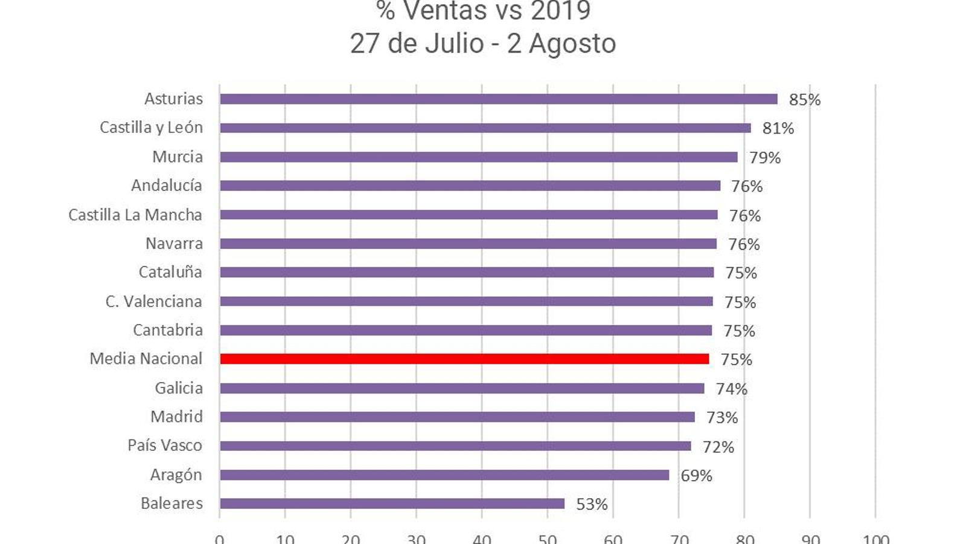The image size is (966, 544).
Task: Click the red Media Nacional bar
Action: pyautogui.click(x=464, y=359)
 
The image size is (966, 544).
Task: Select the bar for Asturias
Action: pyautogui.click(x=498, y=99)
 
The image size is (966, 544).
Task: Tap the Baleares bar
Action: pyautogui.click(x=392, y=504)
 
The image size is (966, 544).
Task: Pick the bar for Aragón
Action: pyautogui.click(x=444, y=475)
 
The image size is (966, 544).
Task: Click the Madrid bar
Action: pyautogui.click(x=457, y=417)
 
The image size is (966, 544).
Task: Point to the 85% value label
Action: pyautogui.click(x=804, y=100)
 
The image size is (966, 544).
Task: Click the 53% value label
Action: pyautogui.click(x=592, y=504)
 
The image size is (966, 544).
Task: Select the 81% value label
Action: pyautogui.click(x=778, y=128)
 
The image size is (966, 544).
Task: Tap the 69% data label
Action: pyautogui.click(x=696, y=476)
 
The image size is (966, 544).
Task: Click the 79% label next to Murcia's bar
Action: pyautogui.click(x=764, y=158)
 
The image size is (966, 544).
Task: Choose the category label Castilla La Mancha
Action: pyautogui.click(x=135, y=215)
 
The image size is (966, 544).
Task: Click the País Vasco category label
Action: pyautogui.click(x=164, y=445)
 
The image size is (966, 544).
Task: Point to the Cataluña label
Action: pyautogui.click(x=170, y=272)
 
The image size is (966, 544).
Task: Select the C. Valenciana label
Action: pyautogui.click(x=153, y=301)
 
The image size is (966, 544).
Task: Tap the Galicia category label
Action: pyautogui.click(x=179, y=388)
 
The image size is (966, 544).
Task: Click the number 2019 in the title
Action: pyautogui.click(x=560, y=11)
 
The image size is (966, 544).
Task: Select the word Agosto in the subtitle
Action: pyautogui.click(x=572, y=44)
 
